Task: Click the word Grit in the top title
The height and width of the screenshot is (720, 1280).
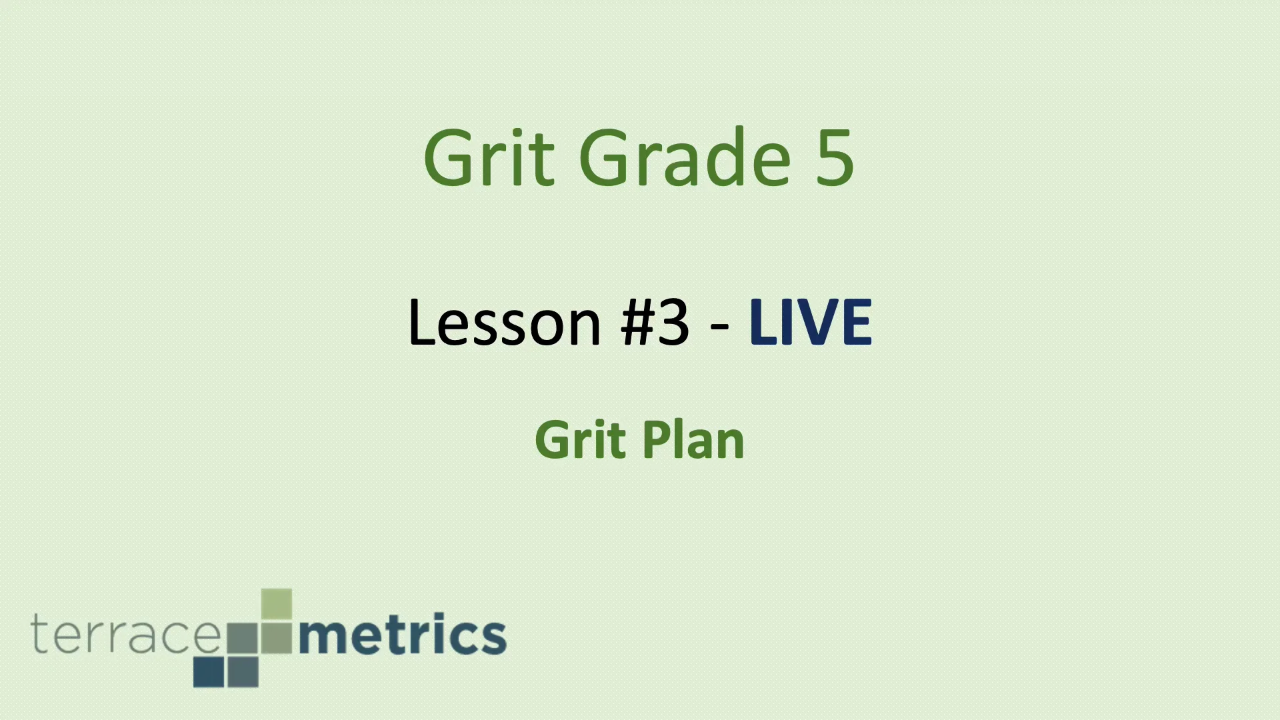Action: pos(489,158)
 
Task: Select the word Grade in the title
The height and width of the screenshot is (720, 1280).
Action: pos(686,158)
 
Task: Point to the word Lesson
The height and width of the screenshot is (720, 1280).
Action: pos(505,323)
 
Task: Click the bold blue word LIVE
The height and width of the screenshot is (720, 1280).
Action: pos(811,323)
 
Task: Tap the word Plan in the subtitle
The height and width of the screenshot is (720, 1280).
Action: pos(693,440)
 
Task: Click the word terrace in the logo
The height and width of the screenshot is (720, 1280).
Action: pos(125,635)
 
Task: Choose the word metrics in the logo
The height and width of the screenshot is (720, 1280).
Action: pos(403,635)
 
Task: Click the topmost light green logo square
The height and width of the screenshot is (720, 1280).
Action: pos(277,603)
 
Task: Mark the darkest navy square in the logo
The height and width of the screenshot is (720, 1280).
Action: pos(209,672)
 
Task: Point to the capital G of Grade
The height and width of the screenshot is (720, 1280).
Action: pos(605,158)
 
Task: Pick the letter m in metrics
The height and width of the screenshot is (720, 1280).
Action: pos(321,637)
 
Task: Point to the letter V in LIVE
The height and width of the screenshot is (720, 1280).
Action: pos(817,323)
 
